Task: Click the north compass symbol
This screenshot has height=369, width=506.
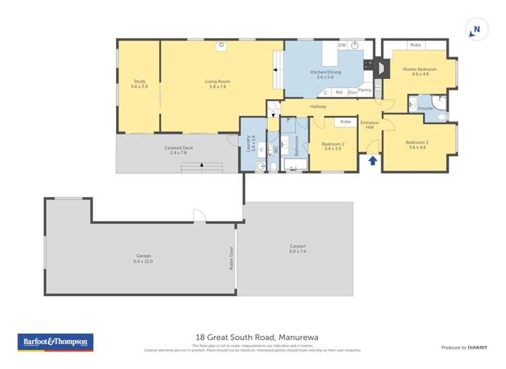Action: [476, 30]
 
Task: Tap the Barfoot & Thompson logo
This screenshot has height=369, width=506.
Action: [55, 342]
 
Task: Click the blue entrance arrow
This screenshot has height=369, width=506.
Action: [371, 160]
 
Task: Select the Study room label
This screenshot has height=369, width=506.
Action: [139, 84]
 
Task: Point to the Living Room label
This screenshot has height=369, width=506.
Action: [217, 84]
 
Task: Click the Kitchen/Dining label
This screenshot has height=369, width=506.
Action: [325, 74]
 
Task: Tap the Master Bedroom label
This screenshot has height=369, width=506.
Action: [420, 72]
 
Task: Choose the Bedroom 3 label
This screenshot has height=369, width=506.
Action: [416, 144]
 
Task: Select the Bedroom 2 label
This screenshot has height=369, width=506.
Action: [333, 146]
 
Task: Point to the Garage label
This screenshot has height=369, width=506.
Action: [143, 258]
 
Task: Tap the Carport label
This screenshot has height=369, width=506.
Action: [298, 248]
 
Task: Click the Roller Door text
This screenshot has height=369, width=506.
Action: [231, 258]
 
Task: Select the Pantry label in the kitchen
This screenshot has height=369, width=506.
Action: [365, 90]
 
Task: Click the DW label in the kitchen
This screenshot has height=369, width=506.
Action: [342, 45]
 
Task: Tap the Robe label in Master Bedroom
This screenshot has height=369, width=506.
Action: [416, 45]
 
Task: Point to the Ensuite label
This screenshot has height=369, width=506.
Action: [425, 108]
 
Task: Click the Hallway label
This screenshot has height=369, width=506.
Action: [318, 107]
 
